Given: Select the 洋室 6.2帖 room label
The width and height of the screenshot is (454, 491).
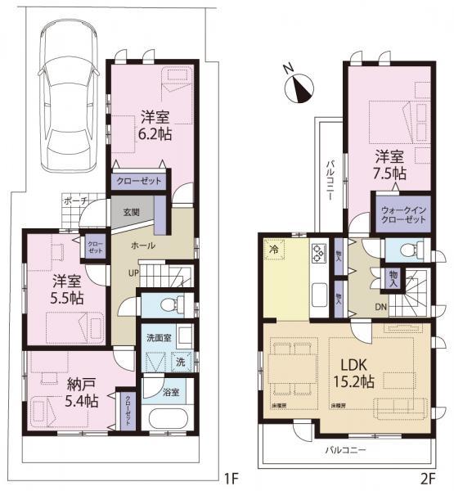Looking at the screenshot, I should click(154, 124).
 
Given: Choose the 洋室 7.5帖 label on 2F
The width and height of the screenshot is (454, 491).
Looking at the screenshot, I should click(390, 164).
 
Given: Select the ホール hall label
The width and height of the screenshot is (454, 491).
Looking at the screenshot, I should click(144, 245).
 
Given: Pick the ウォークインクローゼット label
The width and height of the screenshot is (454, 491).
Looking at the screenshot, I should click(403, 214).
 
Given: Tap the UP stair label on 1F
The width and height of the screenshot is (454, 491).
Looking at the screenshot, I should click(132, 273).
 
